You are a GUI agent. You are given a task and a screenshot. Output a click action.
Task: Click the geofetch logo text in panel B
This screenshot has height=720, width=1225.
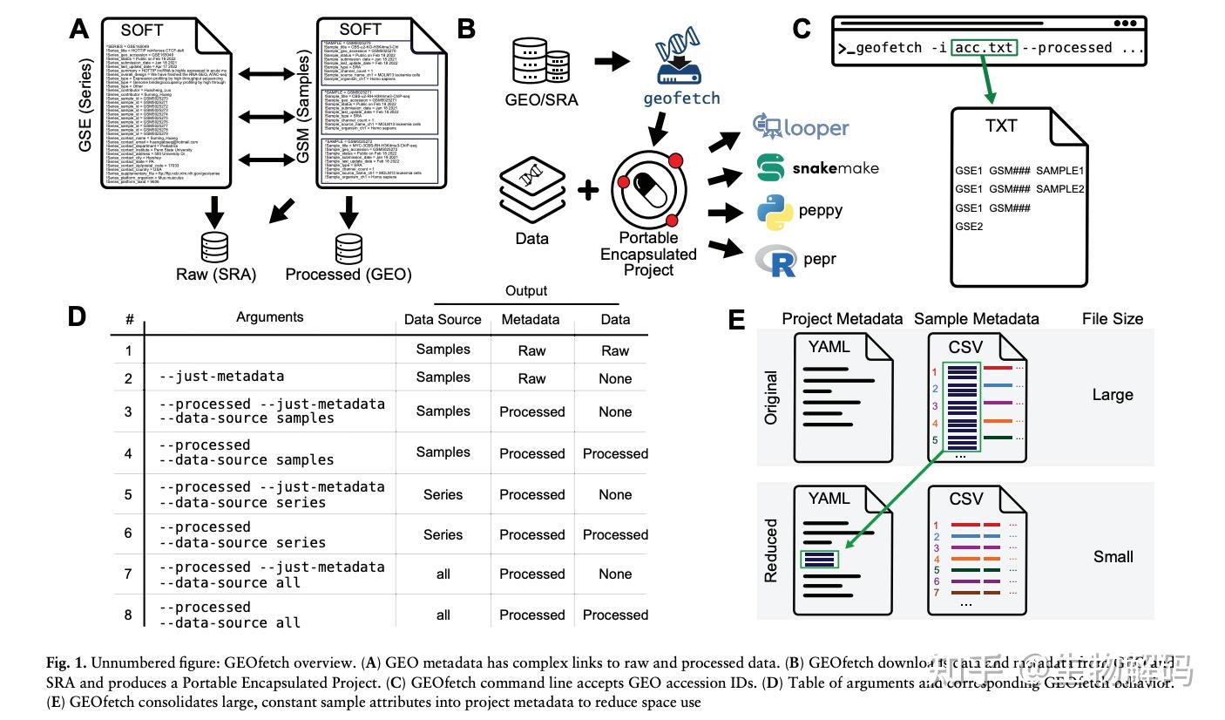coord(681,98)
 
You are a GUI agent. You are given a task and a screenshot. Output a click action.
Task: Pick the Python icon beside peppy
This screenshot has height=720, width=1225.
coord(772,212)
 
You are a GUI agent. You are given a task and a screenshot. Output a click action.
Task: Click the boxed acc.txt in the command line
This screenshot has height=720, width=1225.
coord(985,48)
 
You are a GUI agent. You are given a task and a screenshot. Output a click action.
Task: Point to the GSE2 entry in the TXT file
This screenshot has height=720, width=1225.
coord(969,227)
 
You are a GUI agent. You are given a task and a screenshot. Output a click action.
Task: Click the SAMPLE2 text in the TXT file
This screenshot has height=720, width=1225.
coord(1060,189)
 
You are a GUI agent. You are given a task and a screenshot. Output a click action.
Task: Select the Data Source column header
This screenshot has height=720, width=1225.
coord(443,320)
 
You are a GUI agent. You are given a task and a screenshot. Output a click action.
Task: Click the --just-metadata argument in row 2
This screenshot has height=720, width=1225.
coord(223,377)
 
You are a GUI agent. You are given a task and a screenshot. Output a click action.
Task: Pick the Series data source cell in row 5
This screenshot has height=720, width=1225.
coord(443,495)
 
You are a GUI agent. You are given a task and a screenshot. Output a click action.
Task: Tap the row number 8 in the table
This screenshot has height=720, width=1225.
coord(128,615)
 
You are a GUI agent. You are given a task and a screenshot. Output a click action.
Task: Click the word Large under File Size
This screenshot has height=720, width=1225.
coord(1113,395)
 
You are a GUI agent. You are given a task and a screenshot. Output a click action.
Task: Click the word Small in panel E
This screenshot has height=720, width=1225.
coord(1113,556)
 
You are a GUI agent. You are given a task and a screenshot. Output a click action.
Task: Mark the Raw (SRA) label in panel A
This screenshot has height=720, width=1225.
coord(216,275)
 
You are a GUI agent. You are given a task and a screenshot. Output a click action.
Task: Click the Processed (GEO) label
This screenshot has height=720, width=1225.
coord(349,275)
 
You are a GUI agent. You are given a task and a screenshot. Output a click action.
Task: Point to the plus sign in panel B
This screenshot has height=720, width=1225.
coord(588,187)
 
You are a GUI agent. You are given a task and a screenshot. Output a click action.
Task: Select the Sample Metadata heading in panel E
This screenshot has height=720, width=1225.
coord(976,319)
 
